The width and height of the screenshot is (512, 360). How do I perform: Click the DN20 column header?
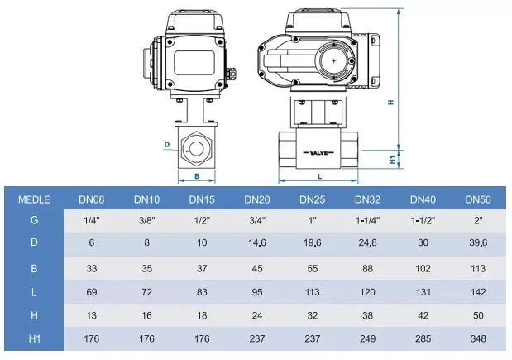pos(257,199)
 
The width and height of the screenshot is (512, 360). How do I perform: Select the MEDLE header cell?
pos(34,199)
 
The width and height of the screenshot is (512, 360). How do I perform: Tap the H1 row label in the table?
pos(34,338)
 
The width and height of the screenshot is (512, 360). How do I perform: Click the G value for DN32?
pos(368,220)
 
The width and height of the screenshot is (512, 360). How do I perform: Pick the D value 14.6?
pos(257,242)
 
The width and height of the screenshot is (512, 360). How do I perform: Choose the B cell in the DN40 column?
pos(423,268)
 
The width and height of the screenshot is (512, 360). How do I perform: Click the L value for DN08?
pos(92,291)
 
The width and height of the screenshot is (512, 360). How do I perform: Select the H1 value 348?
pos(478,338)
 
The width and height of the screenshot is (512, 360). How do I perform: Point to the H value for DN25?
pos(313,315)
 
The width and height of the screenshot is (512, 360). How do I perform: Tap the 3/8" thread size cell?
pos(147,220)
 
